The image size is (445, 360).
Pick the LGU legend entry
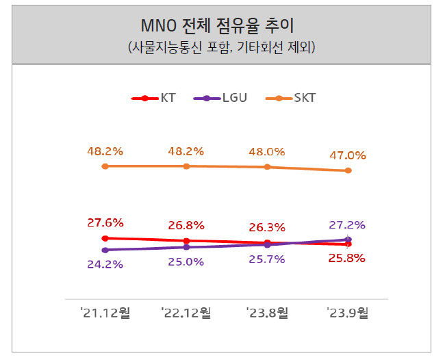(x=220, y=98)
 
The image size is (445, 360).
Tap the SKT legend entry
(x=293, y=98)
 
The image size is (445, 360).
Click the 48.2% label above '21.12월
(x=105, y=151)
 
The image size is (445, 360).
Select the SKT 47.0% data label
(x=348, y=155)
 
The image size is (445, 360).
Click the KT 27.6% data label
(x=105, y=222)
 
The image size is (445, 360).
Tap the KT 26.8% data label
(x=186, y=225)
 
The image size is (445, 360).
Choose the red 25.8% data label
(x=348, y=258)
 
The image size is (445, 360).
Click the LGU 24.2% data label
(x=105, y=263)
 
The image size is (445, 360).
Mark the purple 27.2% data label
(x=348, y=224)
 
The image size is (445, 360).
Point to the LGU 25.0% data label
(x=186, y=261)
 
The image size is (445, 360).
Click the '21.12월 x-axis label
(x=105, y=313)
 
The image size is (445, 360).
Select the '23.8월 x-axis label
(x=267, y=313)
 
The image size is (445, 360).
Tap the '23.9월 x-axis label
(x=348, y=313)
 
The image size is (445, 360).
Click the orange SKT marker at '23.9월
(x=348, y=170)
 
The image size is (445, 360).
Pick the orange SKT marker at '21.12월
(x=105, y=166)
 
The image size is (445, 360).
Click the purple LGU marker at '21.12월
(x=105, y=250)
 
